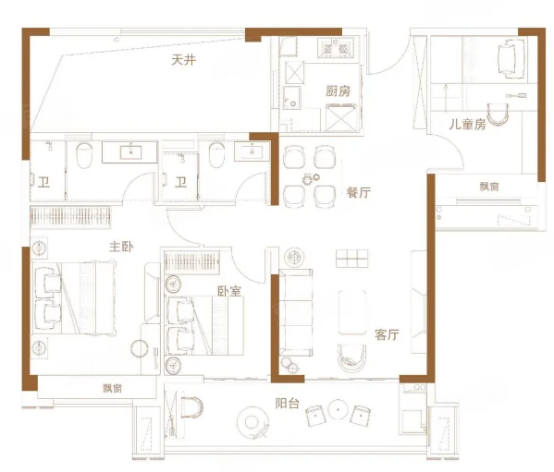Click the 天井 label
[x=183, y=60]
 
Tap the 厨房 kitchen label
[x=338, y=91]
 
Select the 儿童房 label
[x=467, y=124]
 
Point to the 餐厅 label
[x=358, y=192]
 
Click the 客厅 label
[x=387, y=334]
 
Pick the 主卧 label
[x=121, y=247]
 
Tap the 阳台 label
[x=288, y=404]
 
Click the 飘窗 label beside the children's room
[x=489, y=187]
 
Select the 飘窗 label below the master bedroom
[x=112, y=388]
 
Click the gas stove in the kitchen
[x=336, y=48]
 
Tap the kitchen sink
[x=292, y=98]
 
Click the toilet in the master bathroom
[x=84, y=154]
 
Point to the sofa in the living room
[x=296, y=312]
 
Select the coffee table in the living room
[x=352, y=312]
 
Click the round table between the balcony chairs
[x=339, y=409]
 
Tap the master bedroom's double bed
[x=74, y=298]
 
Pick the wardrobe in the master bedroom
[x=70, y=216]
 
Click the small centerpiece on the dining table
[x=311, y=179]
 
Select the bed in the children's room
[x=511, y=57]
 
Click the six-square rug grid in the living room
[x=351, y=259]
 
